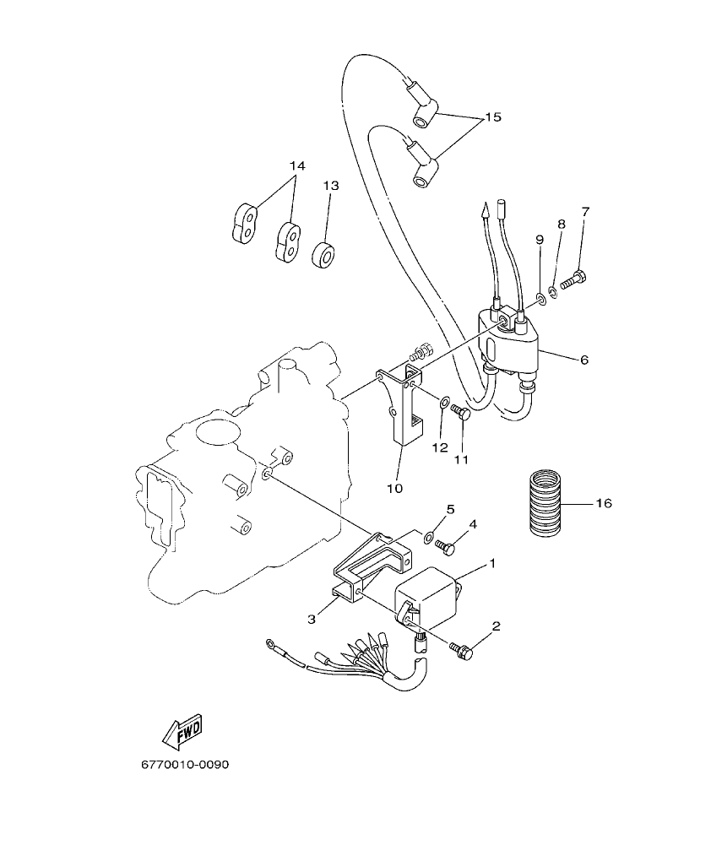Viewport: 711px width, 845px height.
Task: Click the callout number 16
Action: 603,503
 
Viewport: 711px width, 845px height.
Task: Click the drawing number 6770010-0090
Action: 185,765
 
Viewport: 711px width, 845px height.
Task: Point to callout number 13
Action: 329,186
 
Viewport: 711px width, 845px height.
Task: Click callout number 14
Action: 296,165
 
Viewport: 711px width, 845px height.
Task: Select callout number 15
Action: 493,117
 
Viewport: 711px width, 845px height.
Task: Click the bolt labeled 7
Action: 574,280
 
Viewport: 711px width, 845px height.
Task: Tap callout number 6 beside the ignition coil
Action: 583,359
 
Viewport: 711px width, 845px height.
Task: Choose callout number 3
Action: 312,620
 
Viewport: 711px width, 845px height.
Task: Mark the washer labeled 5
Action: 429,535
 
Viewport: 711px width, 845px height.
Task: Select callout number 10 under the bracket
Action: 395,488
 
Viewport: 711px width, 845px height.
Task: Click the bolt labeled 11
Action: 460,412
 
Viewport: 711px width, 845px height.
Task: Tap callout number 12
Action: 440,448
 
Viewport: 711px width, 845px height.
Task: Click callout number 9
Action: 540,240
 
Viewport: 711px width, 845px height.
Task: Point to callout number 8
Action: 561,224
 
